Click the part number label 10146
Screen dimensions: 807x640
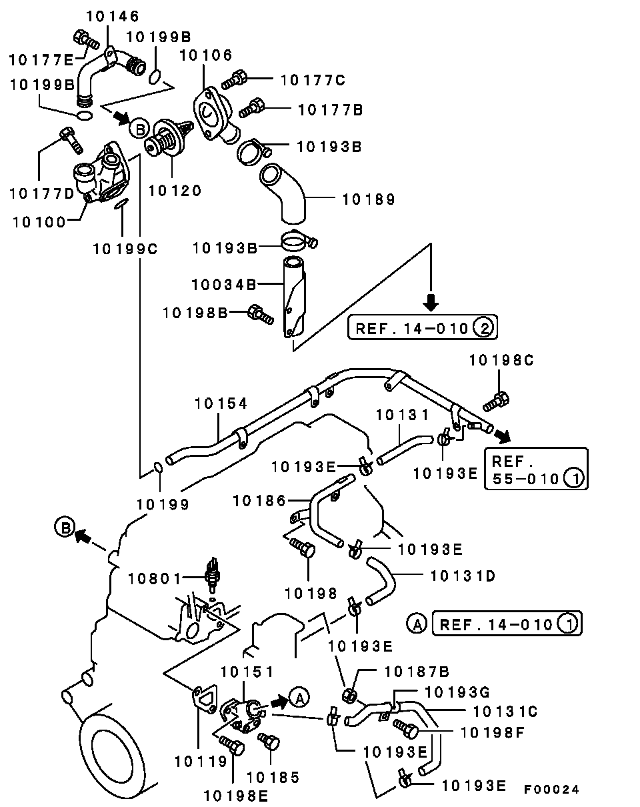113,17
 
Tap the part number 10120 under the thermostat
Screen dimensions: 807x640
174,191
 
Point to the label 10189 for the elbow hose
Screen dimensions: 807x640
368,199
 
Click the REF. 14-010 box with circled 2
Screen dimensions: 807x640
423,328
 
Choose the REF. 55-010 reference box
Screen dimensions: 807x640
536,469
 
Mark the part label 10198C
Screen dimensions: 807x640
501,361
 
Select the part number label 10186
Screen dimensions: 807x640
259,500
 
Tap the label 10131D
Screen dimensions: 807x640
463,575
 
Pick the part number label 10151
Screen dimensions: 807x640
247,672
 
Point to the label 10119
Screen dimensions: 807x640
201,760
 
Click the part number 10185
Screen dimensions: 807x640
273,777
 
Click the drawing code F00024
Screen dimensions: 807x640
551,789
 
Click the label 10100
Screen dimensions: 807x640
39,221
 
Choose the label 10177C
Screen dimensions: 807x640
313,81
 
